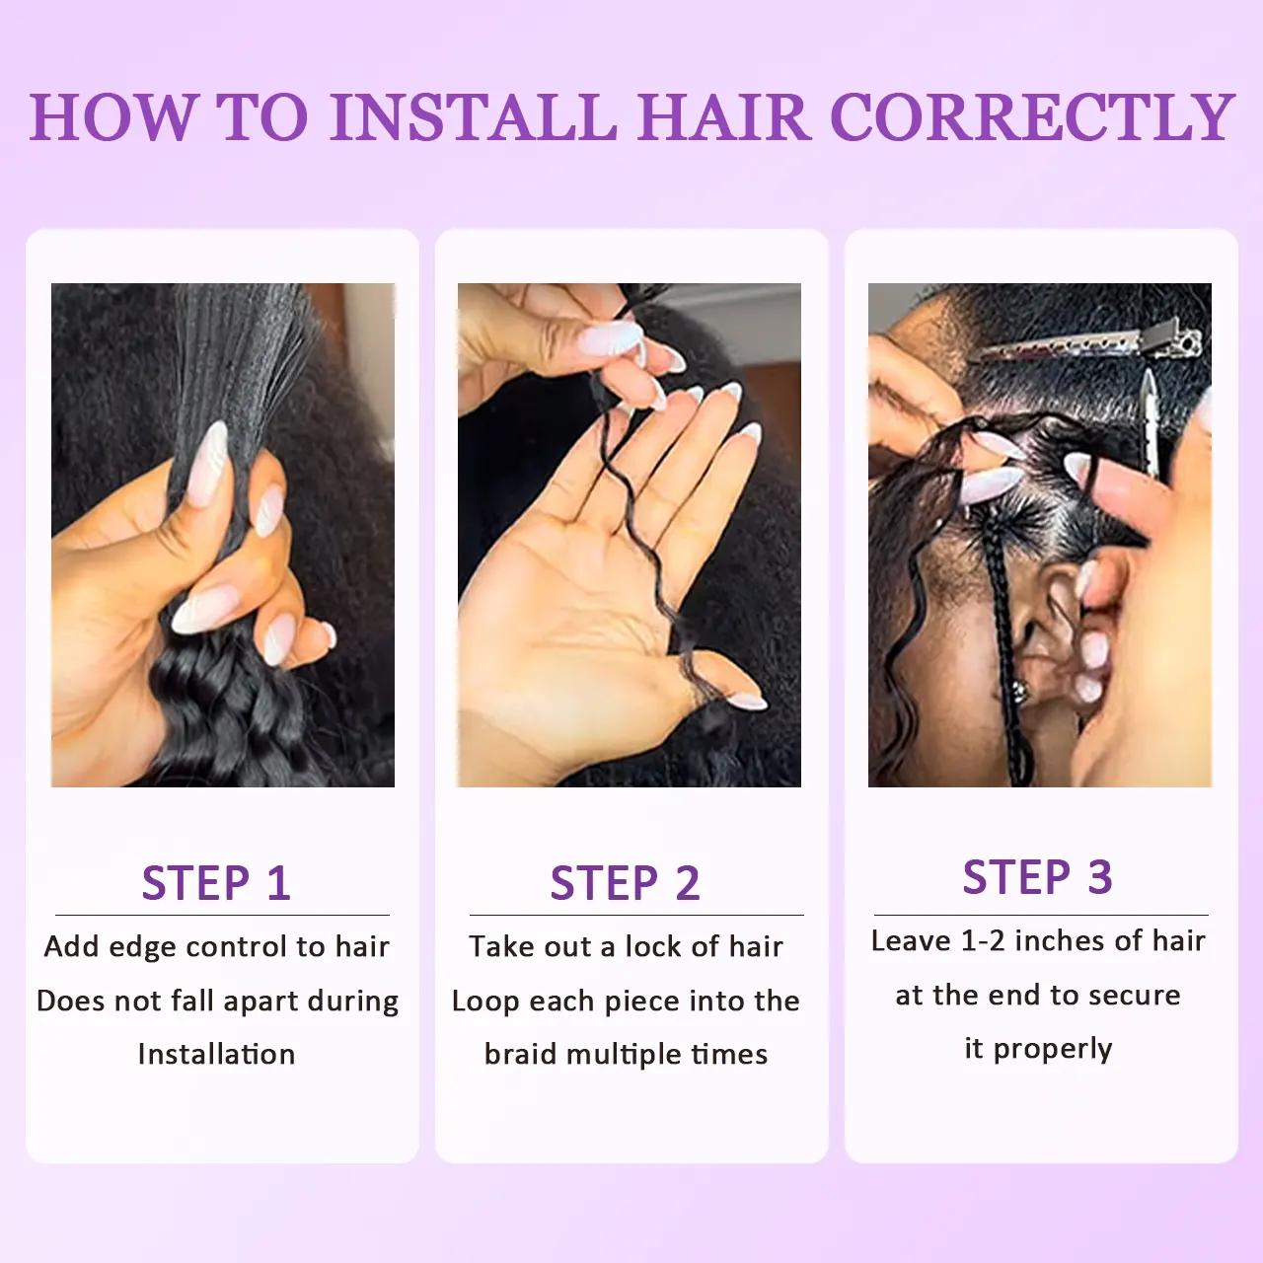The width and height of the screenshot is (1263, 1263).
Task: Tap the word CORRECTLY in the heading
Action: pyautogui.click(x=1032, y=116)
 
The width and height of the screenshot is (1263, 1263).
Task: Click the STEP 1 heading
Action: pyautogui.click(x=216, y=882)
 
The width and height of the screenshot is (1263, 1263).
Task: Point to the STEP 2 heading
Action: pyautogui.click(x=625, y=882)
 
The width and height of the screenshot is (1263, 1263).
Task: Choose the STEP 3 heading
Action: pyautogui.click(x=1037, y=876)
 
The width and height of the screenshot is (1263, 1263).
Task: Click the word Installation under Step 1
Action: pyautogui.click(x=216, y=1054)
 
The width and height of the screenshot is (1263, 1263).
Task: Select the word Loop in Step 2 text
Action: pyautogui.click(x=484, y=1001)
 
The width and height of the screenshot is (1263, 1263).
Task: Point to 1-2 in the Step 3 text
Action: pyautogui.click(x=982, y=940)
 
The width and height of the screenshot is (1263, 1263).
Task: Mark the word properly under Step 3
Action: pyautogui.click(x=1052, y=1049)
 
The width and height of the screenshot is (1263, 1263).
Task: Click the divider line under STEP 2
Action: pyautogui.click(x=636, y=915)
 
